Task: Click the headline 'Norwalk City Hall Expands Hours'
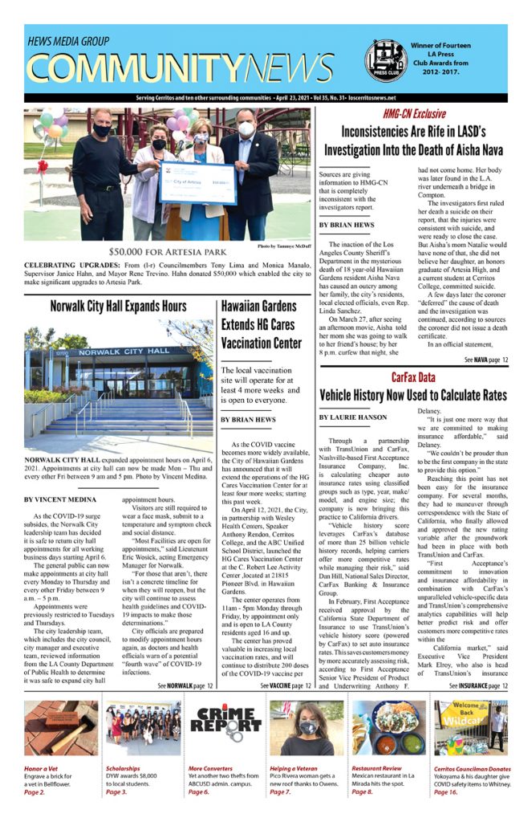118,307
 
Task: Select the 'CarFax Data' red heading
413,377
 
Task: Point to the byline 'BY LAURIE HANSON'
352,417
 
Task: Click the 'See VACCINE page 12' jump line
286,686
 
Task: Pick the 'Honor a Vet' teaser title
42,767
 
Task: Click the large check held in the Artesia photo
197,183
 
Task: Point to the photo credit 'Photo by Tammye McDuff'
284,246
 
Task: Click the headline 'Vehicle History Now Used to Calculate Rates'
413,396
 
